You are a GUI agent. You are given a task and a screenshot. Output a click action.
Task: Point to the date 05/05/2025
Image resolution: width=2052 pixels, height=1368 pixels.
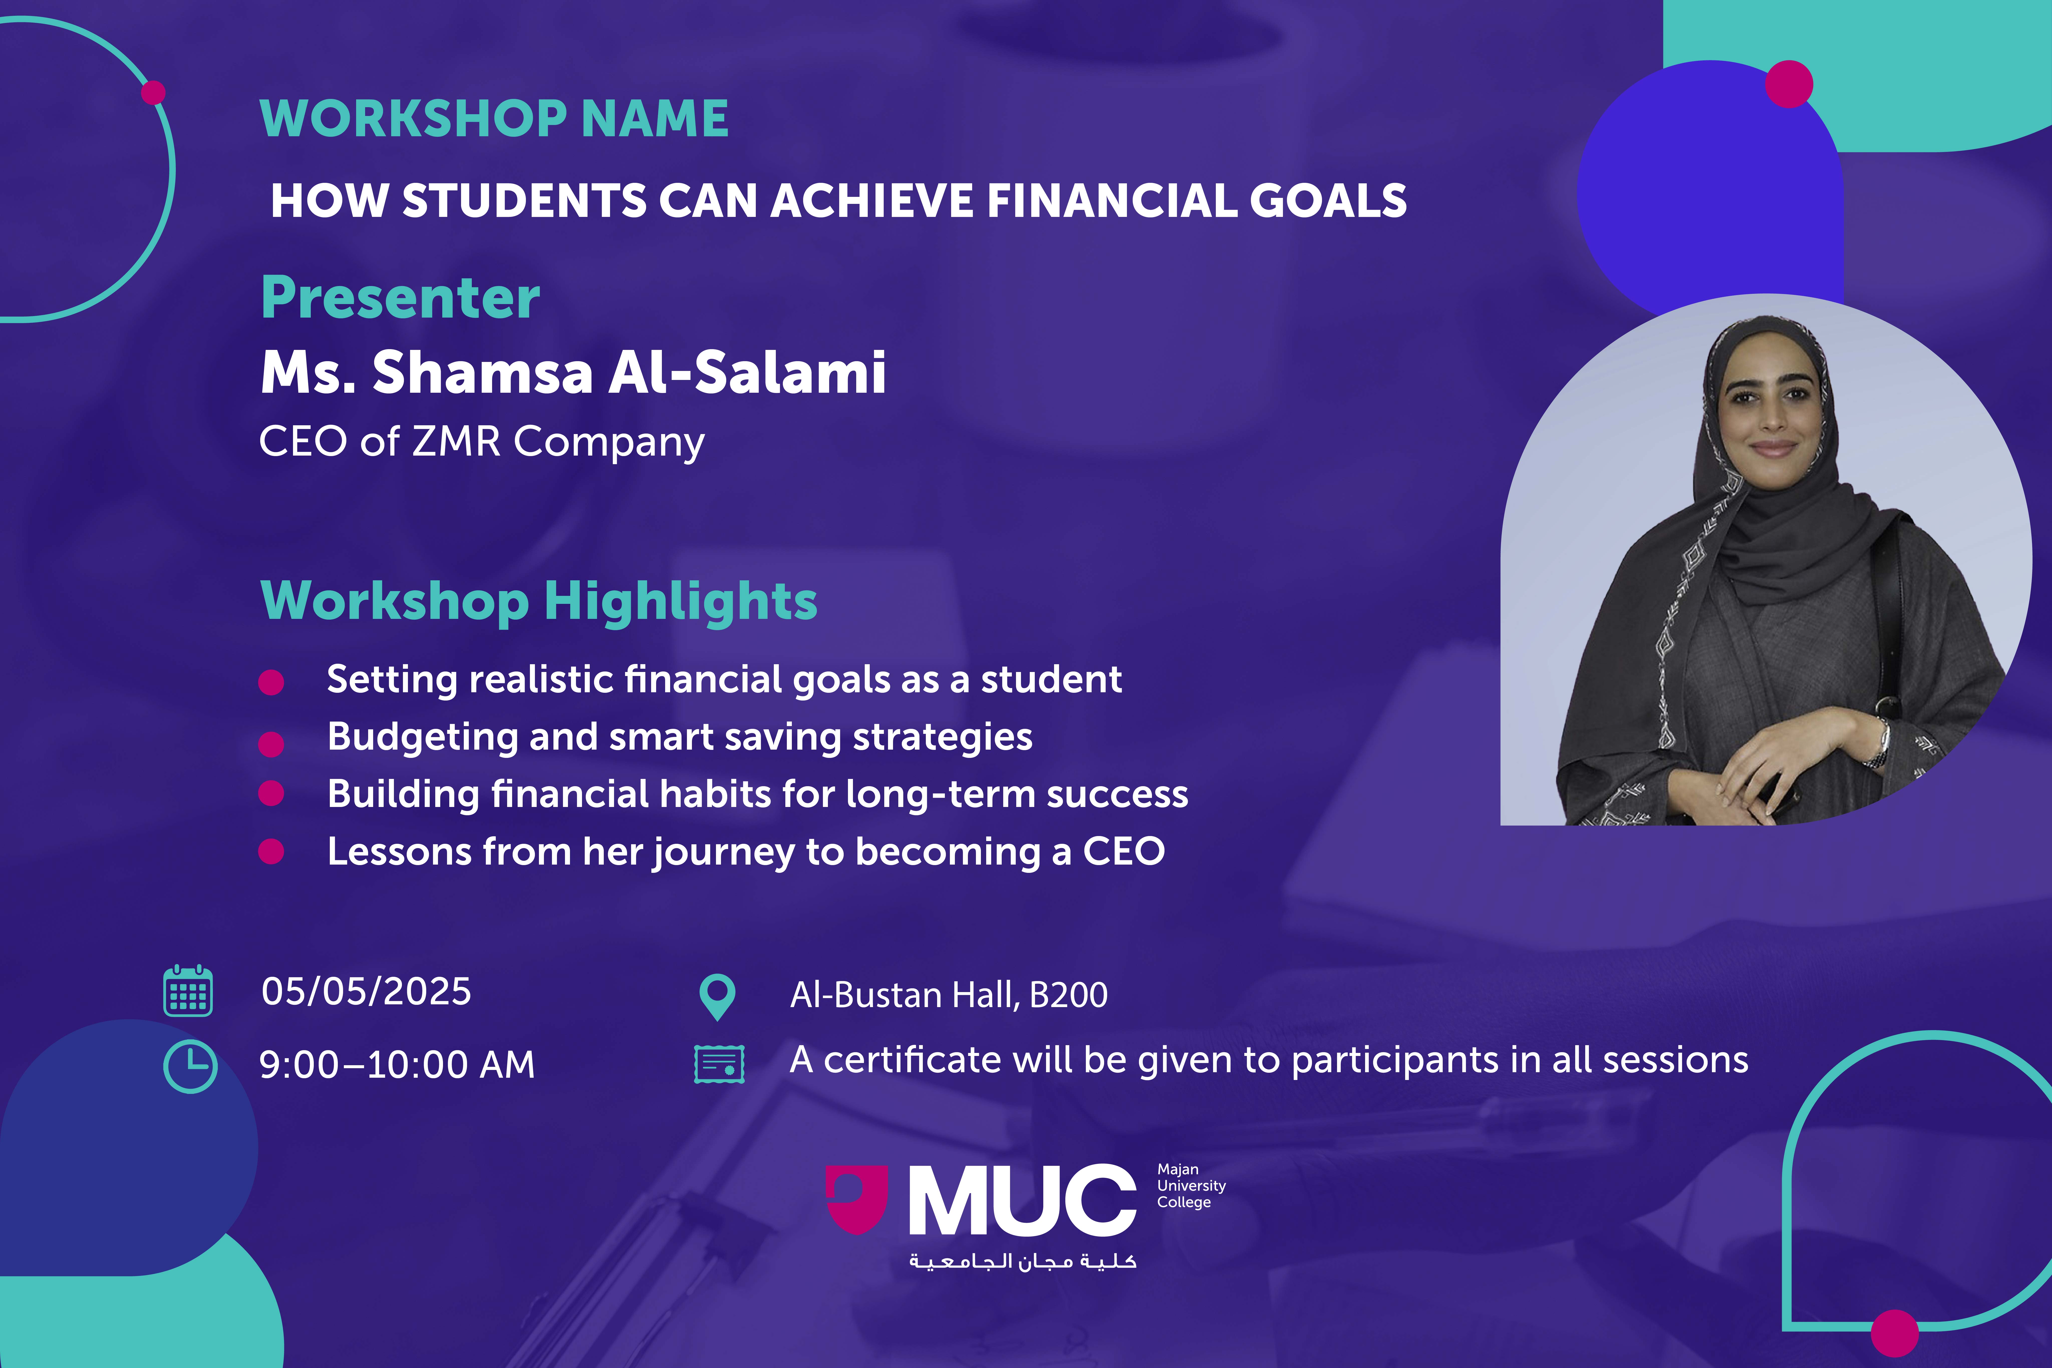pyautogui.click(x=366, y=991)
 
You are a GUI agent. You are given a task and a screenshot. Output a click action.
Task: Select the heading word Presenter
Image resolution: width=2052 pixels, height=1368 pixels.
pyautogui.click(x=400, y=298)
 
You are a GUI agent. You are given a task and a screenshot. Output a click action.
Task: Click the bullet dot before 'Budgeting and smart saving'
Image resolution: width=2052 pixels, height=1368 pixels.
pyautogui.click(x=271, y=743)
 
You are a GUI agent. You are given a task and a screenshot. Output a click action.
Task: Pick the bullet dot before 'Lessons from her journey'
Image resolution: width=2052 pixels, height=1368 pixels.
pyautogui.click(x=271, y=852)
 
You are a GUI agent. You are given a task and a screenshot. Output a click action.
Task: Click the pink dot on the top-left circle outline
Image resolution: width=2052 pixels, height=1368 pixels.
pyautogui.click(x=154, y=92)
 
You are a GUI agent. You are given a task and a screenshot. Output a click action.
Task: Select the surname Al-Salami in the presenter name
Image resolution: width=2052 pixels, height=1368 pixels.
pyautogui.click(x=747, y=372)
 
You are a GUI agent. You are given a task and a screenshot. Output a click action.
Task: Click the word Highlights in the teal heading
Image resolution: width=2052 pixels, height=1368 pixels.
pyautogui.click(x=681, y=602)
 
